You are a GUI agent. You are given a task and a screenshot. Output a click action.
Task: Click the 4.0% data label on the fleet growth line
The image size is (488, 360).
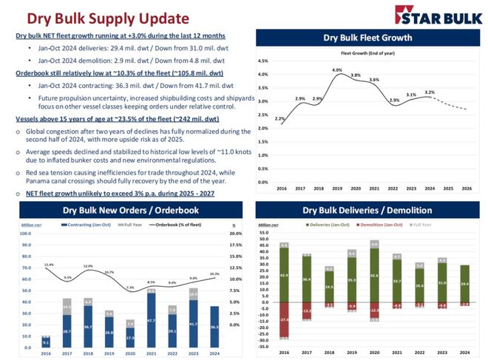(x=336, y=70)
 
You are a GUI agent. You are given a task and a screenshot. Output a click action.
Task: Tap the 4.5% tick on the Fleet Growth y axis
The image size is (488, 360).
(x=262, y=61)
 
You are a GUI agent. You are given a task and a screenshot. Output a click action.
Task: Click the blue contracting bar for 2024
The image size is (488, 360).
(x=215, y=327)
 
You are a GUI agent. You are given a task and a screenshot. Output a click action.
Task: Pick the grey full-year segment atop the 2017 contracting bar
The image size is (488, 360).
(x=67, y=308)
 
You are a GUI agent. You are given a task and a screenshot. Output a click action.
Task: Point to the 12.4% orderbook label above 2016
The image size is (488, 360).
(x=49, y=264)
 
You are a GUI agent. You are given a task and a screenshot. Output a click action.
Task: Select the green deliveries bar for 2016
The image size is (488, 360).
(x=284, y=275)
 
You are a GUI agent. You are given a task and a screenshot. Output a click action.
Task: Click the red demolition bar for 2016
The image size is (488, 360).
(x=284, y=319)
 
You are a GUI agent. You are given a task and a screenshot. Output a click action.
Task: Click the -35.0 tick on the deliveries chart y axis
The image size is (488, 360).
(x=263, y=345)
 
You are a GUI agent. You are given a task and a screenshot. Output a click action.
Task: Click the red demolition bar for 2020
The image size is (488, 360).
(x=375, y=310)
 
